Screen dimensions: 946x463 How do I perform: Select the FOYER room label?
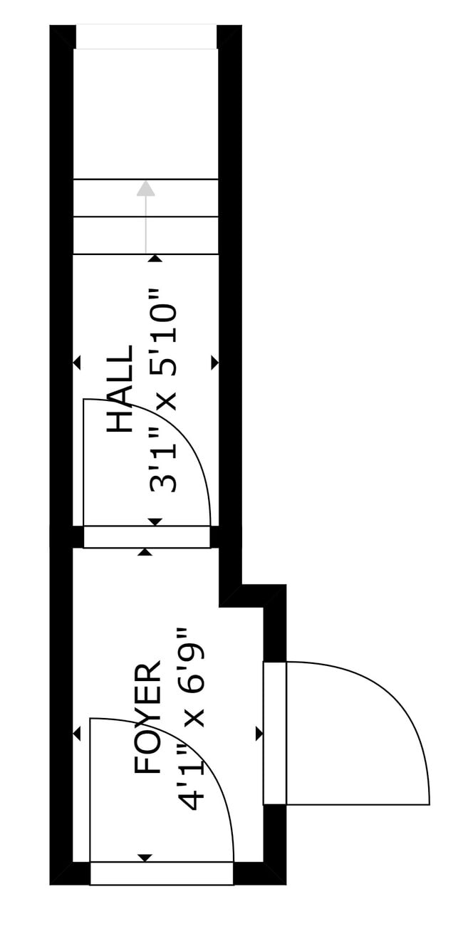pos(148,718)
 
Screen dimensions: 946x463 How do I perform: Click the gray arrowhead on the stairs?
pos(146,189)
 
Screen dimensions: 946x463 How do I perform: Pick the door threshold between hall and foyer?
pos(147,537)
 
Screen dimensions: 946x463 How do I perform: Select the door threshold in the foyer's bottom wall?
pos(162,873)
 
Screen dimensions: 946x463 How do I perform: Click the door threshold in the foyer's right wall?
pos(275,733)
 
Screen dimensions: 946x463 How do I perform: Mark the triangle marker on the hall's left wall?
pos(77,363)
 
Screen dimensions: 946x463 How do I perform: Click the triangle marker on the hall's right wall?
pos(214,363)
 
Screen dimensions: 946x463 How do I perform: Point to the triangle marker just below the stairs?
pos(155,259)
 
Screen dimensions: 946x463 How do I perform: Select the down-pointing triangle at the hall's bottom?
pos(155,522)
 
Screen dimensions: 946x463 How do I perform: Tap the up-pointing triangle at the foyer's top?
pos(145,552)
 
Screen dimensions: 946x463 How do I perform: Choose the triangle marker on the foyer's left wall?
pos(77,734)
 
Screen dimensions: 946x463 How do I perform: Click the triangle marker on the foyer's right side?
pos(259,734)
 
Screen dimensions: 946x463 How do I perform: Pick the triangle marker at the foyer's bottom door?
pos(145,858)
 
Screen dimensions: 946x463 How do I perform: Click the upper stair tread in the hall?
pos(146,198)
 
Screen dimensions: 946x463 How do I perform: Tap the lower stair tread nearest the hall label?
pos(146,235)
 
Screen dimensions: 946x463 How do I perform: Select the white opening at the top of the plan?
pos(146,37)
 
